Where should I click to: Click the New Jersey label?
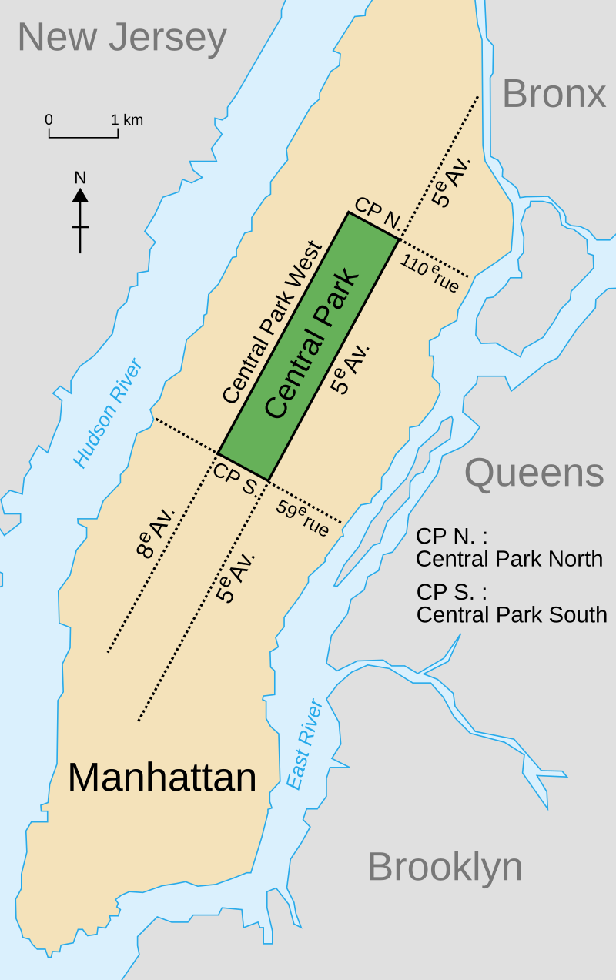click(122, 37)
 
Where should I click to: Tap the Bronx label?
click(554, 94)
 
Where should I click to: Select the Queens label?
click(534, 473)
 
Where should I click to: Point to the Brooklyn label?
click(444, 867)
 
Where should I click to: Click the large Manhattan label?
click(162, 777)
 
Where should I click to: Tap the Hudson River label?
click(108, 413)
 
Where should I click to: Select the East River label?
click(304, 744)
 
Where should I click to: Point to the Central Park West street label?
click(272, 323)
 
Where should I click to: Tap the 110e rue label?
click(430, 274)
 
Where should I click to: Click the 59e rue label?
click(303, 519)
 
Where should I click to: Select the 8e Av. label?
click(156, 531)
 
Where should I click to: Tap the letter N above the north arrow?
click(80, 177)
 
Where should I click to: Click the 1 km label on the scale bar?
click(127, 120)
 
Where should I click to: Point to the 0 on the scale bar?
click(49, 120)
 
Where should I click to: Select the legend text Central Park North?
click(509, 559)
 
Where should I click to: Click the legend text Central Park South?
click(511, 615)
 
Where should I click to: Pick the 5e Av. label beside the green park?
click(350, 369)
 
